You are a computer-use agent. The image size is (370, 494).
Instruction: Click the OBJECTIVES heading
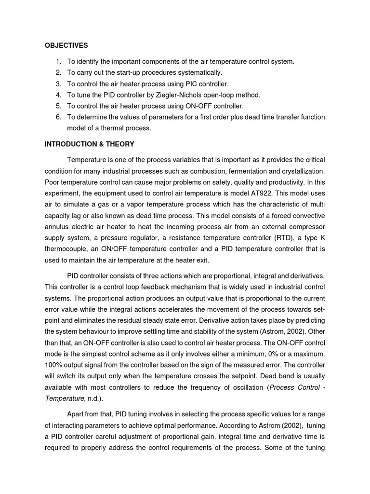click(66, 45)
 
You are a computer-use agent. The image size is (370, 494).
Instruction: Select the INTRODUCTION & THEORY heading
click(89, 144)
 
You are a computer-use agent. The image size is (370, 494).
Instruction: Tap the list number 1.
click(58, 61)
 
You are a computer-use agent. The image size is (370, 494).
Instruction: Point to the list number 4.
click(58, 95)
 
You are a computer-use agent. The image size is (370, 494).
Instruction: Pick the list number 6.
click(58, 117)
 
